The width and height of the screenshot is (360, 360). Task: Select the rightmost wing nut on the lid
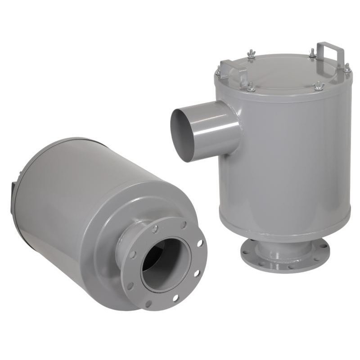pyautogui.click(x=347, y=68)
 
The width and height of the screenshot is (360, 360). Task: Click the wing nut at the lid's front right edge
pyautogui.click(x=319, y=85)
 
